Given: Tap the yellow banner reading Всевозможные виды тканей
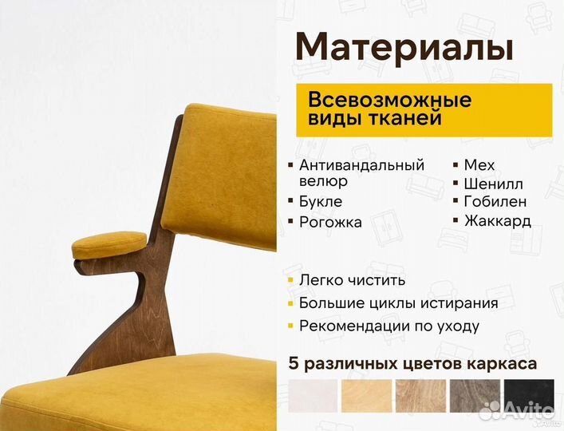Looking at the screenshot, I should pyautogui.click(x=423, y=109).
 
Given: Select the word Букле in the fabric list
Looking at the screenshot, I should pyautogui.click(x=321, y=202).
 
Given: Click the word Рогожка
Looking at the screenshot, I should pyautogui.click(x=330, y=223).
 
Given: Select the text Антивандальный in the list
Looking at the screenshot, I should pyautogui.click(x=361, y=165).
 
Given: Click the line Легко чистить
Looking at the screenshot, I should pyautogui.click(x=352, y=280).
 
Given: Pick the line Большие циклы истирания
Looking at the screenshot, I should pyautogui.click(x=398, y=303).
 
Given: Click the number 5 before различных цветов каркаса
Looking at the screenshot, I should pyautogui.click(x=294, y=364).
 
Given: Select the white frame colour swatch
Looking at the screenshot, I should pyautogui.click(x=313, y=397).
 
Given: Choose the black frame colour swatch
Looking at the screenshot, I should pyautogui.click(x=529, y=397).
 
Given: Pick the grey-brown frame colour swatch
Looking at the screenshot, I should pyautogui.click(x=475, y=397).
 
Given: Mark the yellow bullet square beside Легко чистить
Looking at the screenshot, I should pyautogui.click(x=290, y=281).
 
